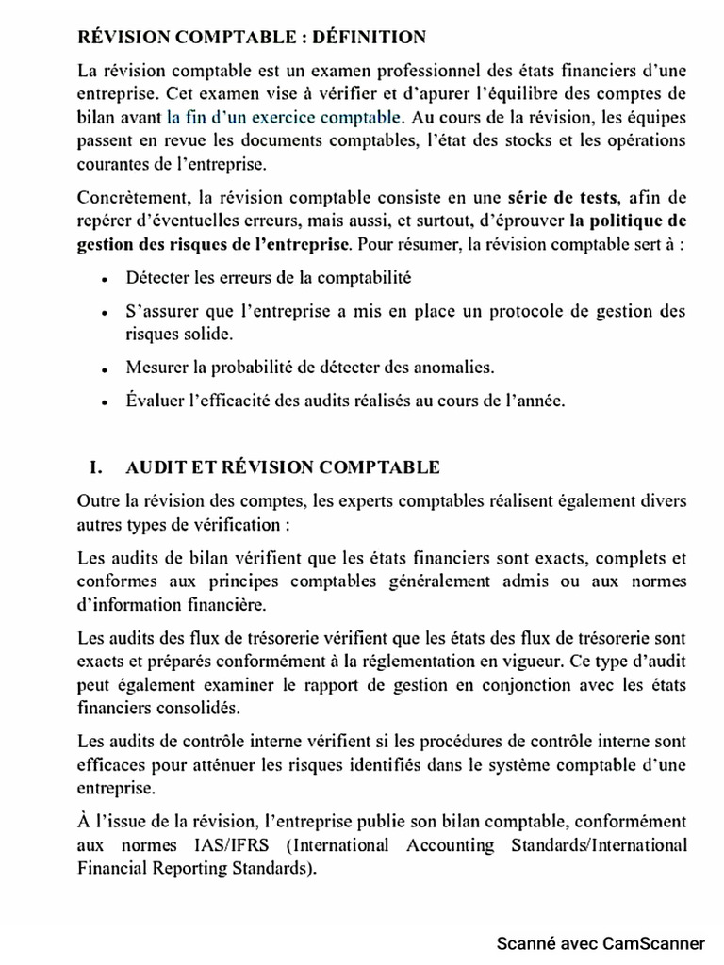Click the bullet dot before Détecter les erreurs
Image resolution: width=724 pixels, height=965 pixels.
(103, 279)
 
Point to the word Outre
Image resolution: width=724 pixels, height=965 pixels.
(97, 499)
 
